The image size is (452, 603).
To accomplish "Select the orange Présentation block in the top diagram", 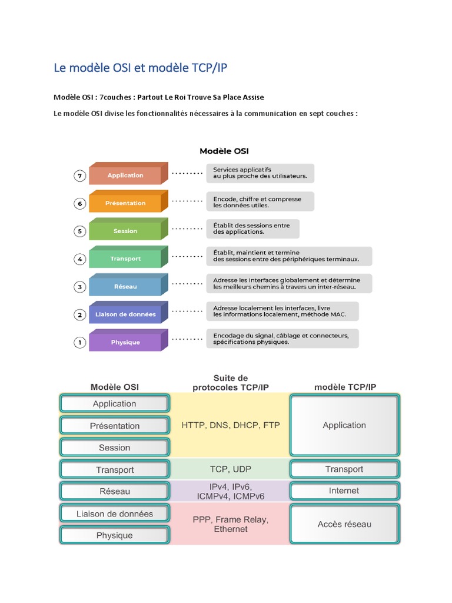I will [125, 203].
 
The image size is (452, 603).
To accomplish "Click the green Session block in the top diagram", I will [125, 231].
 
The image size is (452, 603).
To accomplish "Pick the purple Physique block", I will [125, 342].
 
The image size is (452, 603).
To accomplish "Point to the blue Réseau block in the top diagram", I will [125, 286].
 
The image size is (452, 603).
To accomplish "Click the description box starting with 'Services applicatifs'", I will [260, 173].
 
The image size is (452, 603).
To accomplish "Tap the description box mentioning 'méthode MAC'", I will [282, 311].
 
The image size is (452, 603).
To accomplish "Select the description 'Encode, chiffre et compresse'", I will [260, 201].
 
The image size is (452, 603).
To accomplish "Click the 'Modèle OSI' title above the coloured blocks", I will [224, 151].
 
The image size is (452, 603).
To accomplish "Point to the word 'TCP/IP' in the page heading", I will [210, 68].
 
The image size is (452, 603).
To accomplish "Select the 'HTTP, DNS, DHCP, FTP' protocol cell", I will [231, 425].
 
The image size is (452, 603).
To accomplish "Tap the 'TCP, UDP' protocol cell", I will [231, 469].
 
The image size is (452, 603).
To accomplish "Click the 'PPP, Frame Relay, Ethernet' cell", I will [231, 524].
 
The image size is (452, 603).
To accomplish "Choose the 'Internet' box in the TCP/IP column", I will [344, 491].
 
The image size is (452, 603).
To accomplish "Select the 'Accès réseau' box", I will [344, 524].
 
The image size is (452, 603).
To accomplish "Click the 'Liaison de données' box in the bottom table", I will [115, 513].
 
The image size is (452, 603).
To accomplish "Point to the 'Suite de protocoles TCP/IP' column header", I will [231, 382].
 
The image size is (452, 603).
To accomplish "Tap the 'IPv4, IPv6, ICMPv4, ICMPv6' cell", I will [231, 491].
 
